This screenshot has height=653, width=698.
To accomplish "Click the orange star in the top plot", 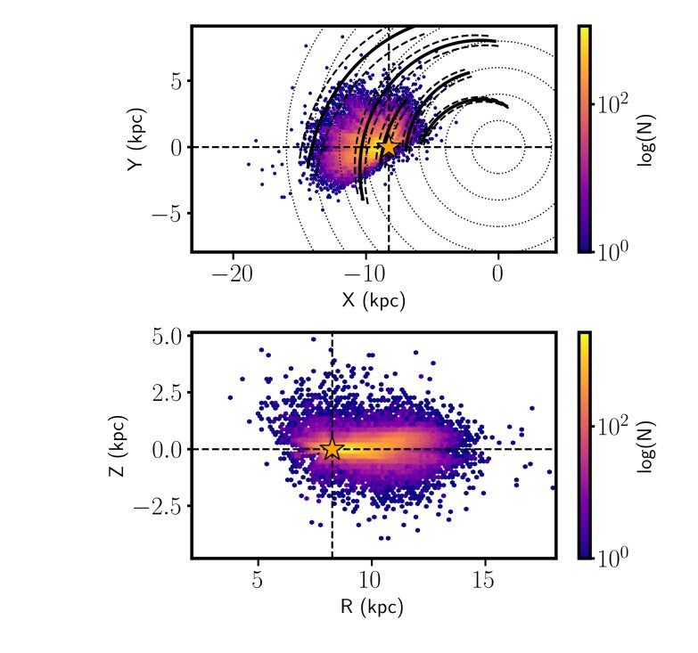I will (x=389, y=146).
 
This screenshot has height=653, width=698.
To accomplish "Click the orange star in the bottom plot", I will (x=332, y=449).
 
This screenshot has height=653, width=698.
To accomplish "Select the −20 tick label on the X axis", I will (x=233, y=272).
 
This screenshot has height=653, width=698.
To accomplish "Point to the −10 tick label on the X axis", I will (x=365, y=272).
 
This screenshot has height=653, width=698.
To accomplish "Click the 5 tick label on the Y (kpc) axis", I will (x=177, y=80).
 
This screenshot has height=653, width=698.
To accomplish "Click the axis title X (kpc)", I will (x=374, y=300).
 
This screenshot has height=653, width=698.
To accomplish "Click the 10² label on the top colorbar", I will (x=614, y=103).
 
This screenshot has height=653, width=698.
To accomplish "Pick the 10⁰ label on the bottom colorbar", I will (x=614, y=558).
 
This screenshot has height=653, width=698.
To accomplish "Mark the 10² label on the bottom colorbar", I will (x=614, y=427).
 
